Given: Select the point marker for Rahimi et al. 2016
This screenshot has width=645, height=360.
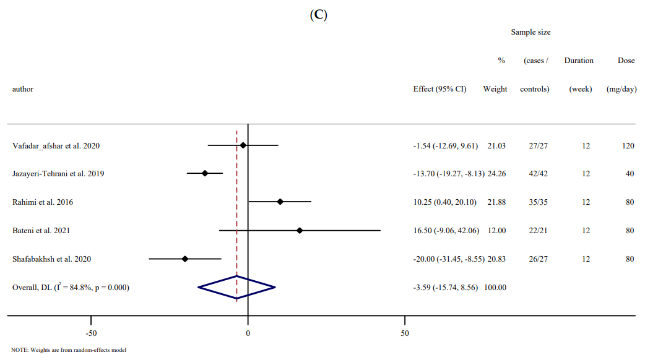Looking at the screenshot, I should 280,202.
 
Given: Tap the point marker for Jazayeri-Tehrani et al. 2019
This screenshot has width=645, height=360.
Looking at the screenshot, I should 205,174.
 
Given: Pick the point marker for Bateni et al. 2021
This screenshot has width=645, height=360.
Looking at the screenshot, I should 300,230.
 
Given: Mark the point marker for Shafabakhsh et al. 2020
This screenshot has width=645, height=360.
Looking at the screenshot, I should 185,259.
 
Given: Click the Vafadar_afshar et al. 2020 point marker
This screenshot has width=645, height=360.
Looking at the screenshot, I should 243,145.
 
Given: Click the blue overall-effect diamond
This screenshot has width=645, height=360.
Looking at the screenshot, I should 236,287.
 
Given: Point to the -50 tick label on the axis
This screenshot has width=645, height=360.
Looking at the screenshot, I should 91,334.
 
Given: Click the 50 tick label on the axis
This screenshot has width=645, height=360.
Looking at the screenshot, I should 405,334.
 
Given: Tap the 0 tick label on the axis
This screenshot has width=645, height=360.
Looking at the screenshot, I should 248,334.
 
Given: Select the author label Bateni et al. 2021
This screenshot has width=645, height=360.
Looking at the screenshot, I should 41,231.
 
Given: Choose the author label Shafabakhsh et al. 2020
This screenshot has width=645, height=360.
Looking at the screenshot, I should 51,259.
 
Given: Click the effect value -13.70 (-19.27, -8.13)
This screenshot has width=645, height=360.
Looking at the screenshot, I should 448,174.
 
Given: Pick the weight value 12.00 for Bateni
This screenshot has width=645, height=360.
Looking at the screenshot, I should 496,231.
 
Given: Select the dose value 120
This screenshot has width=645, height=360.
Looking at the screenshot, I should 628,146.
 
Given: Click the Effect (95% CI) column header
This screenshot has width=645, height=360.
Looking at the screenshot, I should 439,89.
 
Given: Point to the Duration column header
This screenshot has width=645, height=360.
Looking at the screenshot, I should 579,61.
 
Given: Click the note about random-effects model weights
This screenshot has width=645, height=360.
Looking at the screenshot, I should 69,351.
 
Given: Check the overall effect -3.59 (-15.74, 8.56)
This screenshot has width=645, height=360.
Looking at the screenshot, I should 446,288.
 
